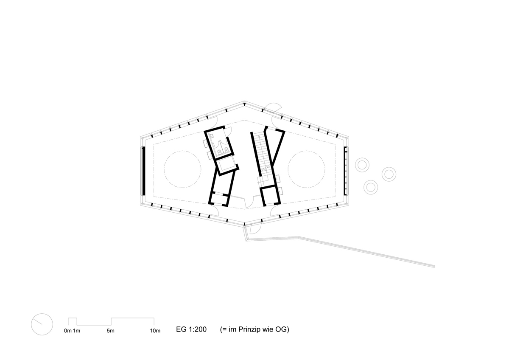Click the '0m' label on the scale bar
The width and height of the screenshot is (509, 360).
(x=68, y=331)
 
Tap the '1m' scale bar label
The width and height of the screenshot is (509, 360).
(x=77, y=331)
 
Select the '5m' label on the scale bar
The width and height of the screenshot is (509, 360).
(x=111, y=331)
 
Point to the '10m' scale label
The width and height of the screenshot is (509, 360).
(x=155, y=331)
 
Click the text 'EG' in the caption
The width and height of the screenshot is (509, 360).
(x=182, y=329)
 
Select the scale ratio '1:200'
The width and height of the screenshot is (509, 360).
(x=198, y=329)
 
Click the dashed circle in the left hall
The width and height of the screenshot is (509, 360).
(x=164, y=169)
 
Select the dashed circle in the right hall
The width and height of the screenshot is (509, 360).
(x=288, y=169)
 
